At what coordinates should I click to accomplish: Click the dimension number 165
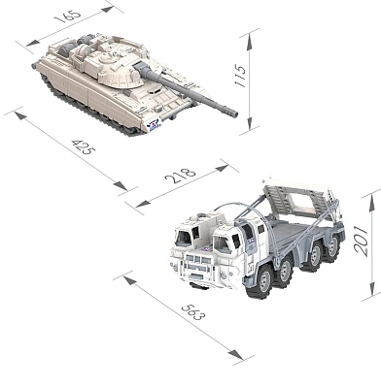coord(68,16)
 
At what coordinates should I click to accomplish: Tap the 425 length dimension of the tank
coord(84,146)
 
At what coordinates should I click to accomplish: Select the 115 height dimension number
coord(241,76)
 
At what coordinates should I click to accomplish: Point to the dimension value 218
coord(180,175)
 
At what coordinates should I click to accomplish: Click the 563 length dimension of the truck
coord(193,311)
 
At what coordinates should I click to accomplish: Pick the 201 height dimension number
coord(361,241)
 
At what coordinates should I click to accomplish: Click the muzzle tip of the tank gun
coord(234,113)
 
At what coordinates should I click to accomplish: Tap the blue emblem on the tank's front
coord(155,125)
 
